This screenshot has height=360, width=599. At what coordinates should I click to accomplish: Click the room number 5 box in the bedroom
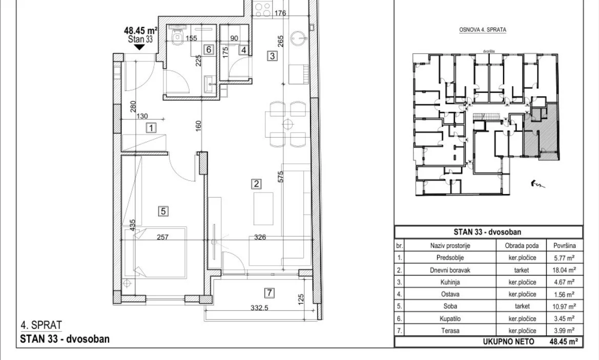163,211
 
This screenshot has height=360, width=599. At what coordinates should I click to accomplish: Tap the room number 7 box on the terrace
270,293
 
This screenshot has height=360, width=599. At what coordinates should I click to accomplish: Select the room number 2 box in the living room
256,184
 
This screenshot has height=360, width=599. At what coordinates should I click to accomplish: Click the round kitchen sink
299,38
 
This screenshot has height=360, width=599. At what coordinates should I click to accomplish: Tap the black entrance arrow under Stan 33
139,47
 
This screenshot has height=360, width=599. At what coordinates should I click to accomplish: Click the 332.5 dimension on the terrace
259,308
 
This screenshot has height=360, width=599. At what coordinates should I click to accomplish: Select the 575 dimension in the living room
281,176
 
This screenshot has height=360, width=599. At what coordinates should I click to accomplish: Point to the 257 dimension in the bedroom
163,237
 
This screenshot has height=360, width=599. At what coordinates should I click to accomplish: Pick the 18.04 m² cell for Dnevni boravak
563,270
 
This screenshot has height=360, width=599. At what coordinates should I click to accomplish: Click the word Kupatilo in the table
450,319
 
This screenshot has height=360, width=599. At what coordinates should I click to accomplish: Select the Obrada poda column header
522,245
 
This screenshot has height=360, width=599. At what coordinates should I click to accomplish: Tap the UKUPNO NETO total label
508,341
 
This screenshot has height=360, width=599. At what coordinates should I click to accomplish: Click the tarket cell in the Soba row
522,306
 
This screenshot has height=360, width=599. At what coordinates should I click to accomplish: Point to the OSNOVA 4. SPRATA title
483,29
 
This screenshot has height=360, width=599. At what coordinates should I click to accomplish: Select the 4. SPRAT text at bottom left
41,325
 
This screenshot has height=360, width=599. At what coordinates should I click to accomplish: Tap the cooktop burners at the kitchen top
262,10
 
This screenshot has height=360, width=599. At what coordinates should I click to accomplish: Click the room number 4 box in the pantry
243,50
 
